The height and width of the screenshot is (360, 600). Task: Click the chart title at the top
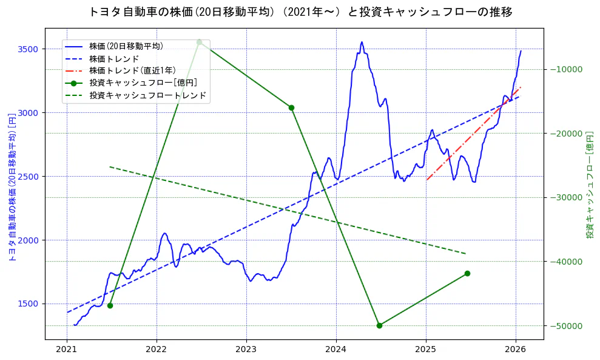tap(300, 12)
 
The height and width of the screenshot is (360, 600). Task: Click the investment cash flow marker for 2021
tap(110, 305)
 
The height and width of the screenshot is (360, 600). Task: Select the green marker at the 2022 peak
tap(199, 42)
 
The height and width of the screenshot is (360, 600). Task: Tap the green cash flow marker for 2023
tap(291, 107)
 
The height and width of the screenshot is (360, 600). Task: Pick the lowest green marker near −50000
tap(379, 325)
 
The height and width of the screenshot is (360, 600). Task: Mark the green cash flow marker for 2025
tap(467, 273)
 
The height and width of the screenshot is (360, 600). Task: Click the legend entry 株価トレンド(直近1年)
tap(132, 70)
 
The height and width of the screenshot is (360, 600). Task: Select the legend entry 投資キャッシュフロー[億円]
tap(143, 83)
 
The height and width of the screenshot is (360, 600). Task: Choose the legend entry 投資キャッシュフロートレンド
tap(147, 95)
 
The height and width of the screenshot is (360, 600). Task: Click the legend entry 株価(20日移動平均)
tap(126, 46)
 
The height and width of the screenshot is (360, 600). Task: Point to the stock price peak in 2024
tap(362, 42)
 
